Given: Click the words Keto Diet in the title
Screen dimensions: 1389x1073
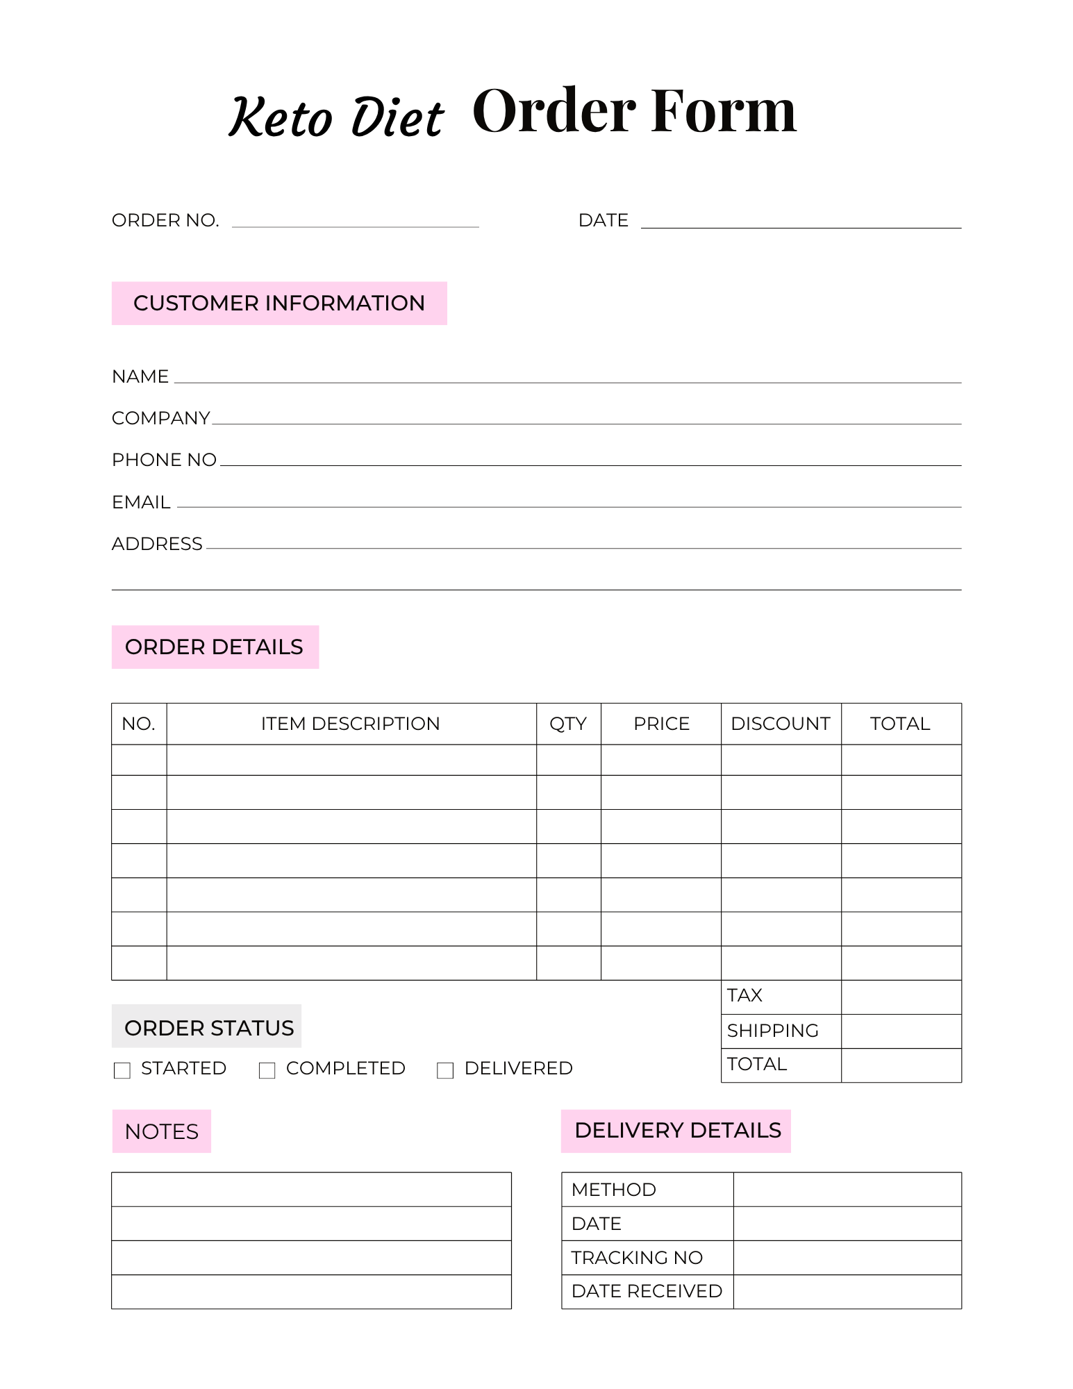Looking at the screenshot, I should coord(336,117).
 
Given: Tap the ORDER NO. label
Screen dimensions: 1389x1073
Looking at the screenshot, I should coord(165,221).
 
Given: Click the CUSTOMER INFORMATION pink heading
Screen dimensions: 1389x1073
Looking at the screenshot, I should coord(279,303).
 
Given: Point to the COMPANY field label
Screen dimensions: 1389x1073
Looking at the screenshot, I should coord(160,418).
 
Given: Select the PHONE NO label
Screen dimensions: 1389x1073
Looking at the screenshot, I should coord(164,460).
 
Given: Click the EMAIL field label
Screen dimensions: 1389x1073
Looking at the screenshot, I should coord(141,502).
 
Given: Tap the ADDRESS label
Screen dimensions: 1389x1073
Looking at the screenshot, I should coord(157,544).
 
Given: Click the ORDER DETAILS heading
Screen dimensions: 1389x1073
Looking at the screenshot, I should coord(215,647).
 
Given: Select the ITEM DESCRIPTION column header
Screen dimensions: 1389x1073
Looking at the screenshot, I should coord(351,724).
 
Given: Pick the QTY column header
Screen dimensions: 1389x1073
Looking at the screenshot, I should coord(568,724).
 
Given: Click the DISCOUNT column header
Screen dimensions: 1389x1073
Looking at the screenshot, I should coord(781,724).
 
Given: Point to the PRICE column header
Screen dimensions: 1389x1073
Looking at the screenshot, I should coord(661,724).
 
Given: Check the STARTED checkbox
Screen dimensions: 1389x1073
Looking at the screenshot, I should coord(122,1070).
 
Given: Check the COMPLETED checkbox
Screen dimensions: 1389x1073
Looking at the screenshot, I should coord(267,1070).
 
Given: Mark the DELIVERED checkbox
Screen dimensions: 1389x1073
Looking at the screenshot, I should coord(445,1070).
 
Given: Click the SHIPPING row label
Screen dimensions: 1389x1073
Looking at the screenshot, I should coord(773,1031).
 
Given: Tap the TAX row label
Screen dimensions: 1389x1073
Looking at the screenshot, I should coord(745,996).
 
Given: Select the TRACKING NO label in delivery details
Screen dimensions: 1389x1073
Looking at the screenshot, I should coord(637,1258).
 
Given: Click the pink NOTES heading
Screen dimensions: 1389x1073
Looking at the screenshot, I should coord(162,1132).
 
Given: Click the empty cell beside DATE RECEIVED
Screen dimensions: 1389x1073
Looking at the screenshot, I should coord(847,1292).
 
